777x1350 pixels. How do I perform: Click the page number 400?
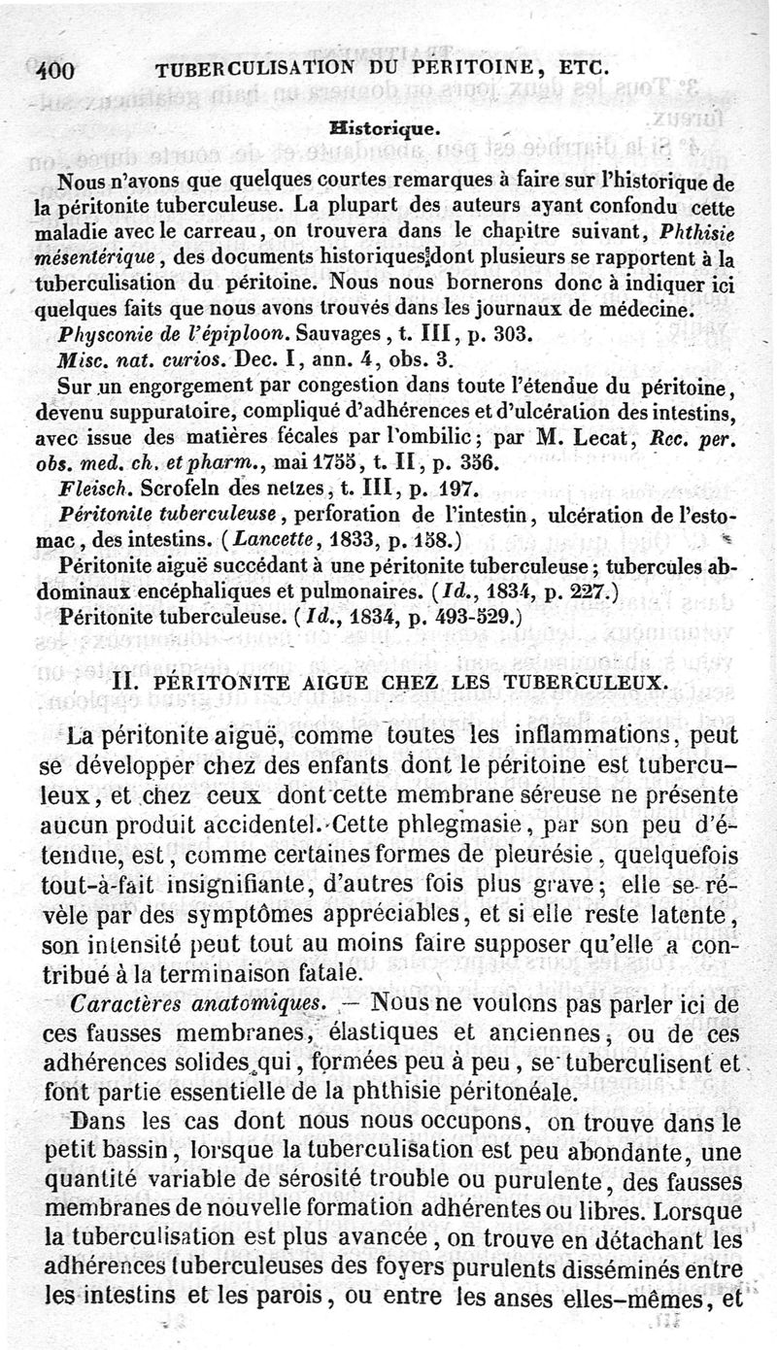[57, 70]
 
